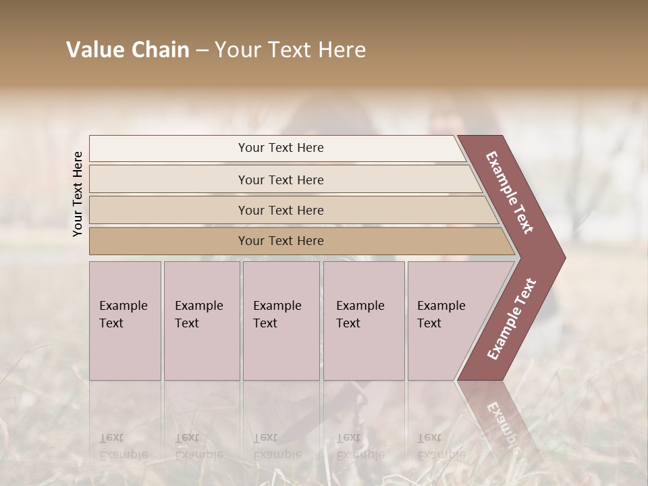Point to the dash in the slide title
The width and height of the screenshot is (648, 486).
pos(202,51)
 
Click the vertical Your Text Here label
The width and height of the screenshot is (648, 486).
pos(78,194)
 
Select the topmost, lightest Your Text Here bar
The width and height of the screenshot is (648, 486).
pos(281,148)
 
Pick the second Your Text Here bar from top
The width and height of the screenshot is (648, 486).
pos(281,180)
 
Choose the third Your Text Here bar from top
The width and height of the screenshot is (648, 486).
pos(281,211)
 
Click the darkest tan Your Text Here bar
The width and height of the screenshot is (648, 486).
pos(281,241)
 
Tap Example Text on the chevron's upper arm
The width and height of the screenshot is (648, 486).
pos(510,192)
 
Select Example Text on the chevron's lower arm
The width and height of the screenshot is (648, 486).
pos(511,319)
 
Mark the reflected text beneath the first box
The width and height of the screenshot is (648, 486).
pos(123,446)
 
